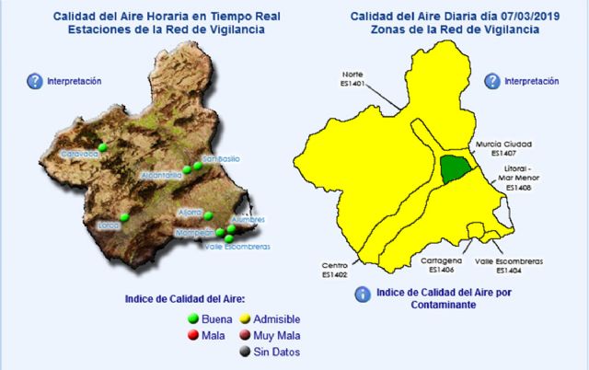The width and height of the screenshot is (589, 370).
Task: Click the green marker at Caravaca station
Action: (103, 147)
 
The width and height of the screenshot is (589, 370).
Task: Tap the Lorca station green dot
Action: (123, 218)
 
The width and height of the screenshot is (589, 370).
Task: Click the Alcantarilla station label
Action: (162, 174)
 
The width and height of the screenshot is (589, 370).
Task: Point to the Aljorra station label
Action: (190, 212)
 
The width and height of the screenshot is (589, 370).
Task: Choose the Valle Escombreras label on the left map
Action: (236, 247)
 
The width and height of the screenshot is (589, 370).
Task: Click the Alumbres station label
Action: (247, 220)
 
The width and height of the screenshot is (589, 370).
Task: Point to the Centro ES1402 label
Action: (334, 270)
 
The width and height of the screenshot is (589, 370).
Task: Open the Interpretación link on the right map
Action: (532, 81)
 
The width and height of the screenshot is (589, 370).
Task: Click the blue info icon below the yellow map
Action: (364, 294)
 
